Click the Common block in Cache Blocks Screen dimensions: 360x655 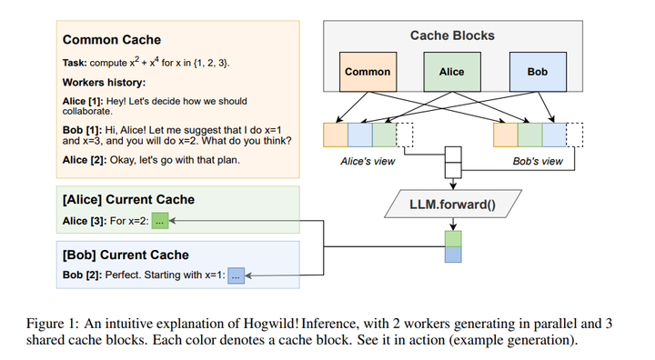coord(368,72)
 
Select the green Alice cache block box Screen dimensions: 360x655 coord(451,72)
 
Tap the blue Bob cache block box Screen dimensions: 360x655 coord(537,72)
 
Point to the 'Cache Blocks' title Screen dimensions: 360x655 coord(452,35)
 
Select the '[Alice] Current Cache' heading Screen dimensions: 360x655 coord(128,199)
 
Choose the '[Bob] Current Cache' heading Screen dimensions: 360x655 coord(126,255)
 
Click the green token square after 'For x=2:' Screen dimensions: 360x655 coord(161,219)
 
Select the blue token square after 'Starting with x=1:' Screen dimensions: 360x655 coord(237,274)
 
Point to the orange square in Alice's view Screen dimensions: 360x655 coord(336,135)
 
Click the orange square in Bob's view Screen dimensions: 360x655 coord(505,135)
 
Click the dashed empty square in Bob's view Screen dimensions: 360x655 coord(575,135)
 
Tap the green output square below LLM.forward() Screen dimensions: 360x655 coord(452,237)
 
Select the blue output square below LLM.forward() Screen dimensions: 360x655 coord(452,255)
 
